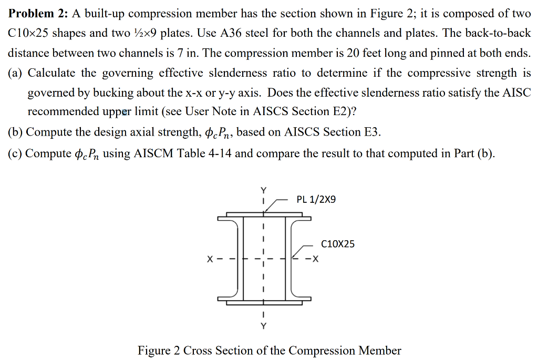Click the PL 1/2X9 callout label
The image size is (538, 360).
click(316, 200)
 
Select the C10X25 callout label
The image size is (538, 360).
click(338, 244)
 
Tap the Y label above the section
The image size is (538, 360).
click(264, 190)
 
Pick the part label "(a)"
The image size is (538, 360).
click(16, 73)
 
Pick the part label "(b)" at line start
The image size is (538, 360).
click(16, 132)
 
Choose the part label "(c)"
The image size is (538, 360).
click(16, 153)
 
